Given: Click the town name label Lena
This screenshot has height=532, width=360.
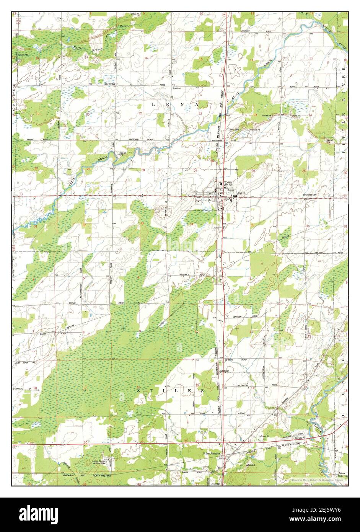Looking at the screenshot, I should point(228,182).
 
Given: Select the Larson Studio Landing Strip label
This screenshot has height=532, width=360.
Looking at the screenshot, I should point(99,462).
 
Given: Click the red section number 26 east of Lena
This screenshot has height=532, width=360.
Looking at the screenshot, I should point(253,171).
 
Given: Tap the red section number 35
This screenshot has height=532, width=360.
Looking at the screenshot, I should point(252,225).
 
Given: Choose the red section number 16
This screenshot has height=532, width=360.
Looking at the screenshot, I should point(146,58).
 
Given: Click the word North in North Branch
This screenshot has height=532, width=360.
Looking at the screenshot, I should point(78,47).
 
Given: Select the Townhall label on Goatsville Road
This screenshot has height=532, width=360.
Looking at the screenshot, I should point(176,88).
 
